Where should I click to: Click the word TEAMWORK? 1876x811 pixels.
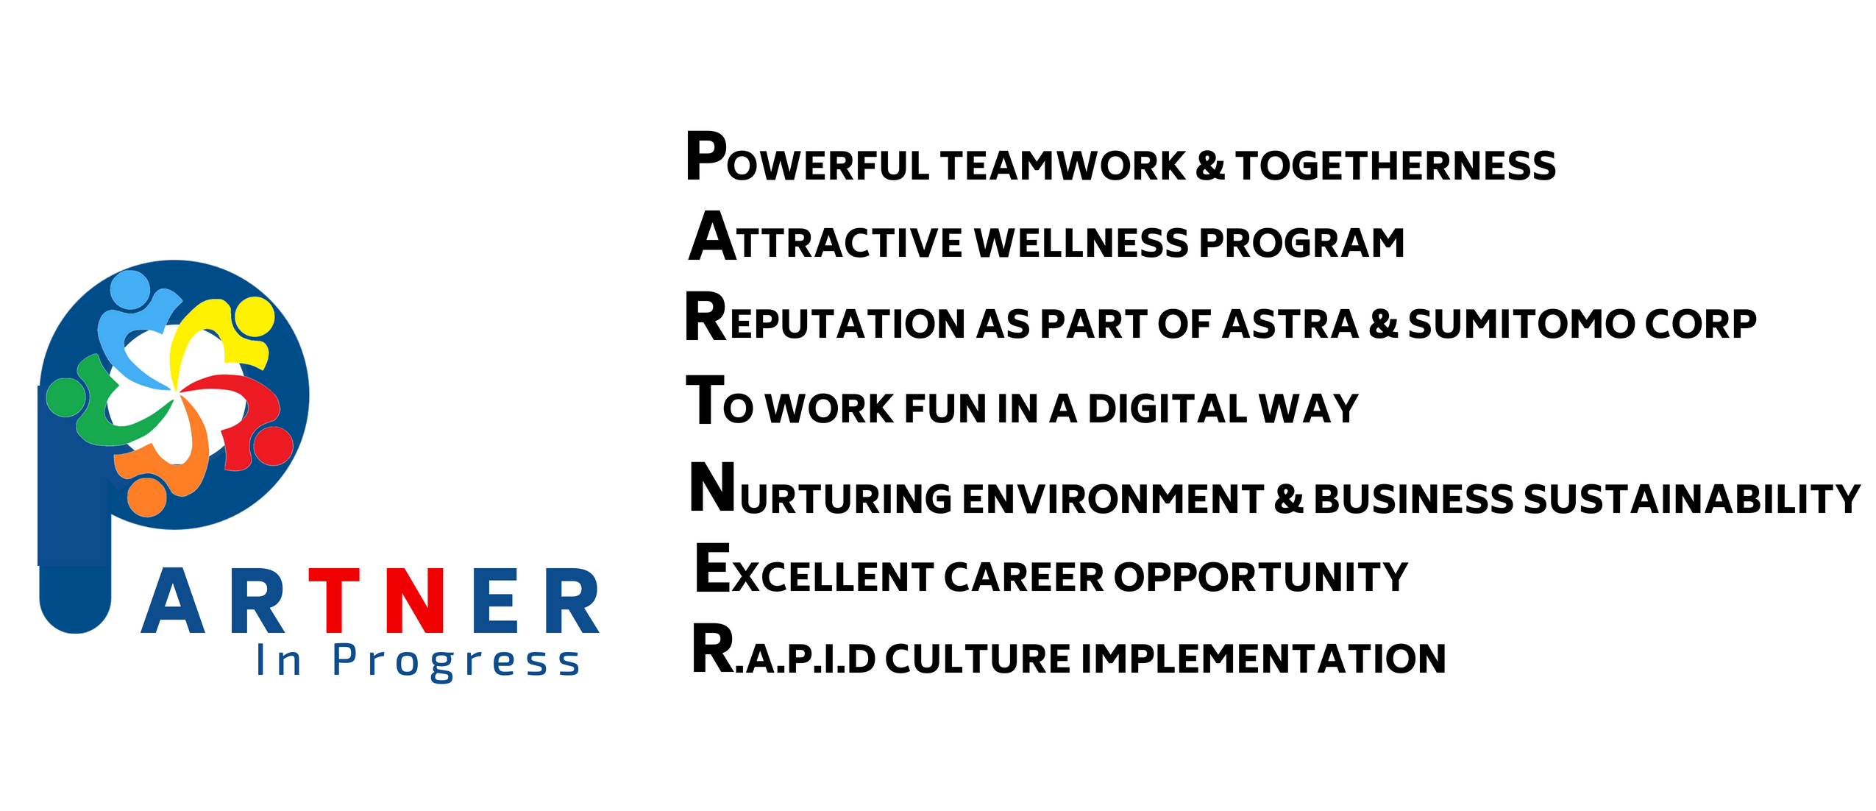1062,166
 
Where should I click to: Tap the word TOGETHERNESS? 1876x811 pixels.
1396,166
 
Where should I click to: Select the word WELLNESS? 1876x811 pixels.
1081,243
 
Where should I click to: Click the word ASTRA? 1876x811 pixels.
1290,325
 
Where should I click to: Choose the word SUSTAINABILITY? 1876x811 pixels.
1691,499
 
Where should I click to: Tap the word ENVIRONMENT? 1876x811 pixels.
1112,499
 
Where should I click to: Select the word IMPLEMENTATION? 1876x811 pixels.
1263,658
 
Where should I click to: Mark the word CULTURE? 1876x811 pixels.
978,658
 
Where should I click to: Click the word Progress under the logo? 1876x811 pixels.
456,661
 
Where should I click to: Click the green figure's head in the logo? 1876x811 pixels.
66,397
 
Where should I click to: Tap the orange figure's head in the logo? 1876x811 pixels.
147,497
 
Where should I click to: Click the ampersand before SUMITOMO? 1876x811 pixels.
1383,325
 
